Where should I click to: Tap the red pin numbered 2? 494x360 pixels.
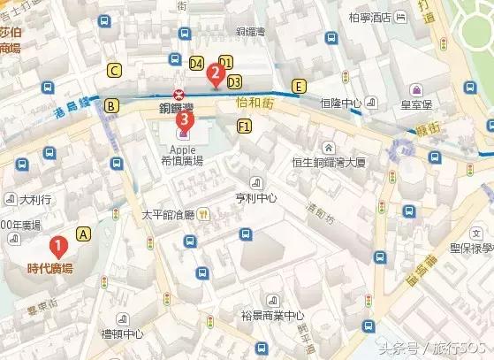pyautogui.click(x=214, y=75)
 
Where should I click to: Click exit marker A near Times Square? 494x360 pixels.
pyautogui.click(x=84, y=234)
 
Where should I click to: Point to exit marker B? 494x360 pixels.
pyautogui.click(x=111, y=106)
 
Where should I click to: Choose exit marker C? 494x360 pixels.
pyautogui.click(x=114, y=70)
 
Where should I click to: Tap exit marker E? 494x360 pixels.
pyautogui.click(x=300, y=86)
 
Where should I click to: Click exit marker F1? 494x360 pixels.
pyautogui.click(x=244, y=127)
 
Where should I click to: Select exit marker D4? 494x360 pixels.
pyautogui.click(x=197, y=63)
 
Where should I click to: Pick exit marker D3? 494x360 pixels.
pyautogui.click(x=234, y=81)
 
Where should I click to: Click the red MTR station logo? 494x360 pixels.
pyautogui.click(x=179, y=96)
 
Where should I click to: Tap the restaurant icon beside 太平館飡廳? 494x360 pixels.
pyautogui.click(x=203, y=213)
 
